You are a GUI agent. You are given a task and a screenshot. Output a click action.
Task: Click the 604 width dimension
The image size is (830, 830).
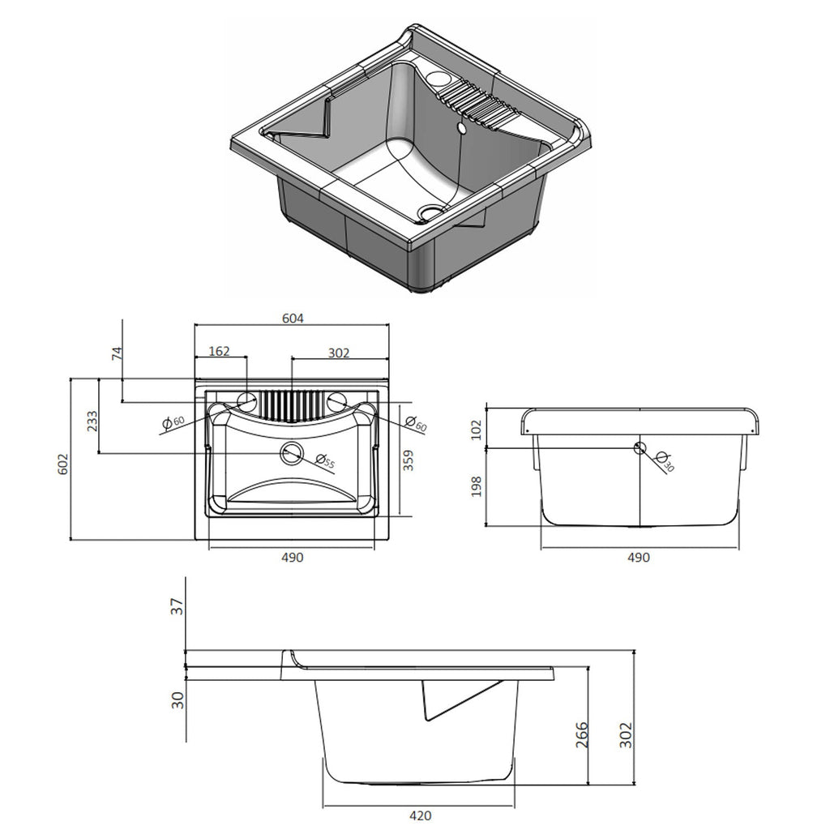click(293, 319)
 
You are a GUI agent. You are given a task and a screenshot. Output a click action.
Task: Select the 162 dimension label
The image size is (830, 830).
click(219, 351)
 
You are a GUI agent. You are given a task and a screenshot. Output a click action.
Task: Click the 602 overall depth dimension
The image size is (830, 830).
click(63, 464)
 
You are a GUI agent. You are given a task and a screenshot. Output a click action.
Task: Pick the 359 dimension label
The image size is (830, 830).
click(409, 460)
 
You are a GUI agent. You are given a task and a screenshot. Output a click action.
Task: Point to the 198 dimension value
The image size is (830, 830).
click(477, 486)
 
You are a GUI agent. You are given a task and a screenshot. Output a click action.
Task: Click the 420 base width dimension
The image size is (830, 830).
click(420, 815)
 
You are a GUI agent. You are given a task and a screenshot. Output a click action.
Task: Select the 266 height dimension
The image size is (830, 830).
click(581, 736)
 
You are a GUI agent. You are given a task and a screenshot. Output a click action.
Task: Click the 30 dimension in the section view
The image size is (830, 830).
click(178, 697)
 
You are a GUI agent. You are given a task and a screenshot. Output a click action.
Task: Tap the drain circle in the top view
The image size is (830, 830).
click(290, 454)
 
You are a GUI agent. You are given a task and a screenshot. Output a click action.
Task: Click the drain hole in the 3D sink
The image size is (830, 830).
click(428, 212)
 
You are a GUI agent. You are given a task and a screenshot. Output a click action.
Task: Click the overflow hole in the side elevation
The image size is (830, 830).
click(640, 447)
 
